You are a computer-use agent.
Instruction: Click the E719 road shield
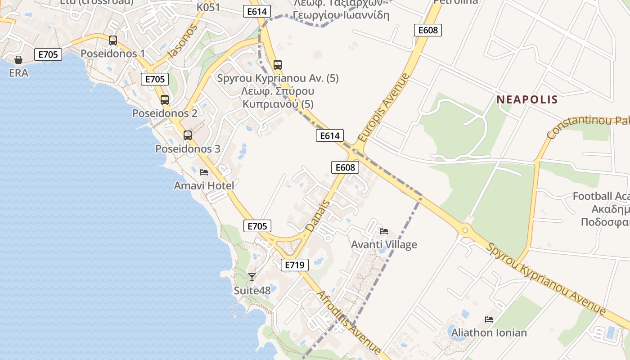click(x=295, y=265)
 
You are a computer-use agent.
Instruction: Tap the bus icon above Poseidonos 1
click(x=113, y=40)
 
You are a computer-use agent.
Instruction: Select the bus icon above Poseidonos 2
click(x=165, y=100)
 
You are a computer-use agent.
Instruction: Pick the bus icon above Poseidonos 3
click(x=188, y=135)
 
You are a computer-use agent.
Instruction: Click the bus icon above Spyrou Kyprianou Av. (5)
click(x=278, y=65)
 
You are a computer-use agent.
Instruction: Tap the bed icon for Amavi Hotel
click(x=204, y=172)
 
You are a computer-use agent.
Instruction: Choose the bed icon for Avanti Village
click(x=384, y=231)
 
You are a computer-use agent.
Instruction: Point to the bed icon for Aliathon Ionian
click(x=489, y=319)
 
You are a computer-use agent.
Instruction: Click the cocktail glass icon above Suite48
click(x=252, y=277)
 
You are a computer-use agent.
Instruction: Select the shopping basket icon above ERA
click(x=18, y=60)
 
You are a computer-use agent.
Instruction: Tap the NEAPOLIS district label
click(x=527, y=99)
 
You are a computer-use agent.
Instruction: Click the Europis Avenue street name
click(x=384, y=108)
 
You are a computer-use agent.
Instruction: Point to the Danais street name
click(x=318, y=216)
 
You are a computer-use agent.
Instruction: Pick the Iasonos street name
click(x=183, y=42)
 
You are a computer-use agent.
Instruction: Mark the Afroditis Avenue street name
click(x=349, y=323)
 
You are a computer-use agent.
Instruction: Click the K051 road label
click(x=208, y=8)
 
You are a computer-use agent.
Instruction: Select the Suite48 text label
click(x=252, y=291)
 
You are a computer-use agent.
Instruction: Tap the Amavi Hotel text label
click(x=204, y=185)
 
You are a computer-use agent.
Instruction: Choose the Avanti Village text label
click(x=384, y=245)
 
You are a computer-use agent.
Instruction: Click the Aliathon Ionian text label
click(x=489, y=333)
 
